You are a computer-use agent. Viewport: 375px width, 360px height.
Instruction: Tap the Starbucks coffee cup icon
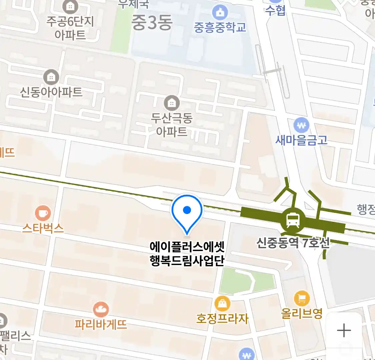click(43, 213)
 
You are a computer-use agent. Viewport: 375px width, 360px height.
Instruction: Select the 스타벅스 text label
click(43, 228)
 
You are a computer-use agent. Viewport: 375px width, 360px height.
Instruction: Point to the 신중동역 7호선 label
click(293, 243)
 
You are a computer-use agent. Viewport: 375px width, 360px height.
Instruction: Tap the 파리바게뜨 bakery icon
click(101, 310)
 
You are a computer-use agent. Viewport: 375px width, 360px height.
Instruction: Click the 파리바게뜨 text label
click(101, 324)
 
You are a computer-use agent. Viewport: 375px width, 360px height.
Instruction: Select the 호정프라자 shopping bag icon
click(222, 304)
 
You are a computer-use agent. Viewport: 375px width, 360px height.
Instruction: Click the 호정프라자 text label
click(222, 318)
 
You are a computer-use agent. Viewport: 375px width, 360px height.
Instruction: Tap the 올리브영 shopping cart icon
click(302, 299)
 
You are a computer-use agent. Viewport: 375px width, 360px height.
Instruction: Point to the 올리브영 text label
click(302, 313)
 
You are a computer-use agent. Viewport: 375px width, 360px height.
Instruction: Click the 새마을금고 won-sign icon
click(301, 126)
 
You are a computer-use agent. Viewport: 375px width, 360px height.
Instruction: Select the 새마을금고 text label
click(301, 140)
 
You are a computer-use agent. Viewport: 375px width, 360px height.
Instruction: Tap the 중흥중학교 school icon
click(220, 13)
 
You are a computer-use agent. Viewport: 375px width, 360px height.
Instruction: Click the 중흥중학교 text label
click(220, 27)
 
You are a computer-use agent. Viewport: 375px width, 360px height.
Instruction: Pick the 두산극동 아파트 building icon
click(172, 103)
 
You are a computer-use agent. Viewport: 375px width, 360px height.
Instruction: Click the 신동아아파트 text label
click(51, 92)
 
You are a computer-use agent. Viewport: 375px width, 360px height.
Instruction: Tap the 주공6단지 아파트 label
click(70, 28)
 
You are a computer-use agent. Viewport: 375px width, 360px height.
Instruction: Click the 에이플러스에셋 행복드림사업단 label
click(187, 254)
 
